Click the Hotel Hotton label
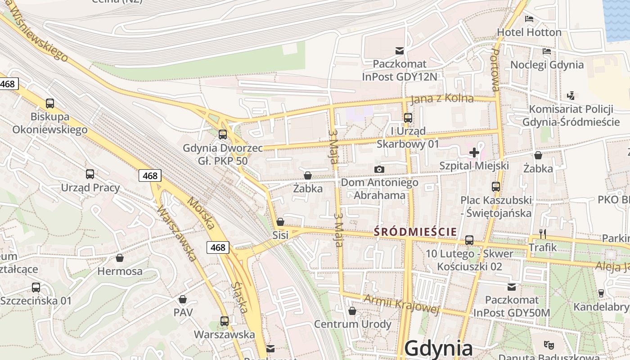click(529, 32)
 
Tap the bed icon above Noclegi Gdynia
click(547, 51)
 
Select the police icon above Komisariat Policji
click(571, 95)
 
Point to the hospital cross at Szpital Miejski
click(474, 153)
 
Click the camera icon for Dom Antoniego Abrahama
click(379, 170)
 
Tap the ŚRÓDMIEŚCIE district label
click(415, 232)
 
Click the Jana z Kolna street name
click(442, 99)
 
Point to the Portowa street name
click(495, 70)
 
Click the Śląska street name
click(240, 297)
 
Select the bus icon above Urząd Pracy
click(90, 174)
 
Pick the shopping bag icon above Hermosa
click(120, 258)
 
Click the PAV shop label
click(183, 312)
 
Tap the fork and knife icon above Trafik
click(543, 234)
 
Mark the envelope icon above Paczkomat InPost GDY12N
click(399, 50)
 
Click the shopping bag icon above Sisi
click(280, 222)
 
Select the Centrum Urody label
click(352, 324)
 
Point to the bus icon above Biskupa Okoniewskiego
click(50, 103)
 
